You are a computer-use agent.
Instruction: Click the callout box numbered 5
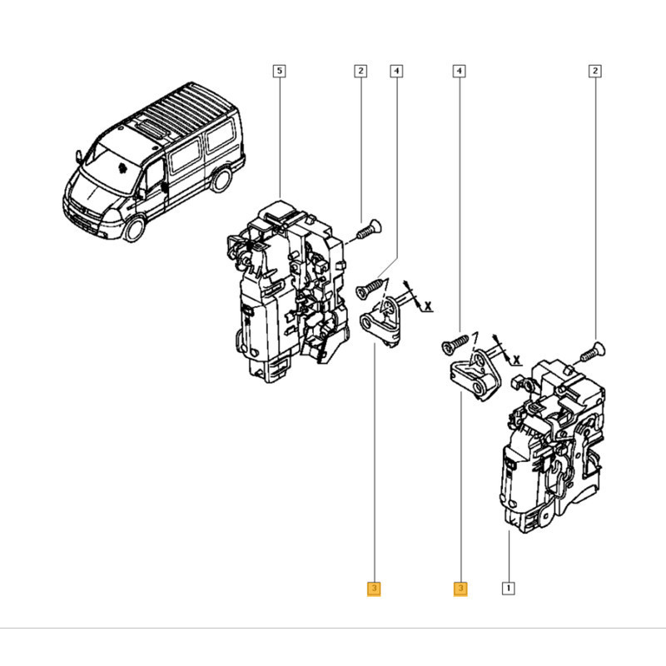(279, 71)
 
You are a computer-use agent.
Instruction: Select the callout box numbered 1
(509, 589)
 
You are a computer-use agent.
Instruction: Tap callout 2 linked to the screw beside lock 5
(360, 71)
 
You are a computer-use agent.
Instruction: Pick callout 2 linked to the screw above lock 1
(595, 71)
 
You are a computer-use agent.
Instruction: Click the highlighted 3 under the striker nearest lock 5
(374, 589)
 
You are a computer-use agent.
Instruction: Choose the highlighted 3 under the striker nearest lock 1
(460, 589)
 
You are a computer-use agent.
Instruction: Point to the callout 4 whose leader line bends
(396, 71)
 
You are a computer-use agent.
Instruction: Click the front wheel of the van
(135, 229)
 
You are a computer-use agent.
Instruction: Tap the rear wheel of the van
(221, 179)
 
